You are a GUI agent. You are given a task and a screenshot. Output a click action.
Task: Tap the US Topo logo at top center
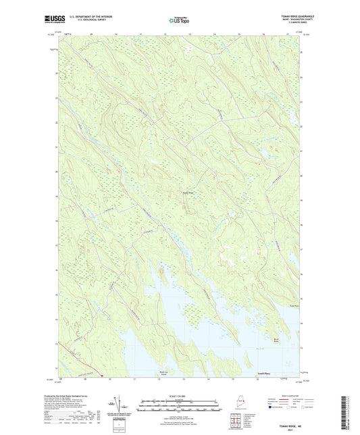[x=178, y=21]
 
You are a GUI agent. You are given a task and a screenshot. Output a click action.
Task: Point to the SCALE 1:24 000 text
[x=179, y=395]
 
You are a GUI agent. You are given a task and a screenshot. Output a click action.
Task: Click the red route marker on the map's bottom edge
[x=101, y=376]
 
